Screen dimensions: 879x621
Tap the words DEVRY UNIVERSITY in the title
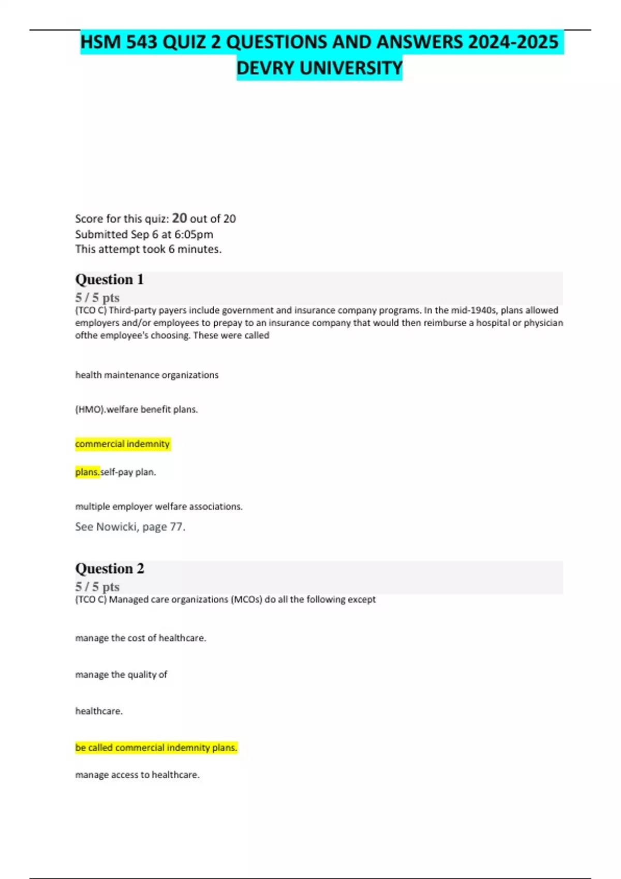click(319, 68)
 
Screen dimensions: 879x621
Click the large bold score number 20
click(179, 218)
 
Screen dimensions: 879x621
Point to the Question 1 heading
click(109, 279)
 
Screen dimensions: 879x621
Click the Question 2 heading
click(110, 568)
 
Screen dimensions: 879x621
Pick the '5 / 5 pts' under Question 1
click(97, 297)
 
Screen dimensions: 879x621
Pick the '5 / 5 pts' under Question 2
click(97, 586)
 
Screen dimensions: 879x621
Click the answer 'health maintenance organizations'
click(146, 375)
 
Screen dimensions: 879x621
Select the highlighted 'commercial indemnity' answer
click(122, 444)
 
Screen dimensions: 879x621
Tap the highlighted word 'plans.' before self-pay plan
click(87, 472)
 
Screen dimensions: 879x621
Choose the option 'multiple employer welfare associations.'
click(158, 506)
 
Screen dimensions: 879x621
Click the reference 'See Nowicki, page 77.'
click(130, 526)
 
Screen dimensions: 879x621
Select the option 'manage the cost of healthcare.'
click(140, 638)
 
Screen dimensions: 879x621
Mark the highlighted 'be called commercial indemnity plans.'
click(156, 747)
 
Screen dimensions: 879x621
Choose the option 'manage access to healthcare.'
click(137, 775)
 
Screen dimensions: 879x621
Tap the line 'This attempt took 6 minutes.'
click(148, 249)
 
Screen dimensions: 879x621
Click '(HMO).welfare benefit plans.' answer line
click(136, 409)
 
